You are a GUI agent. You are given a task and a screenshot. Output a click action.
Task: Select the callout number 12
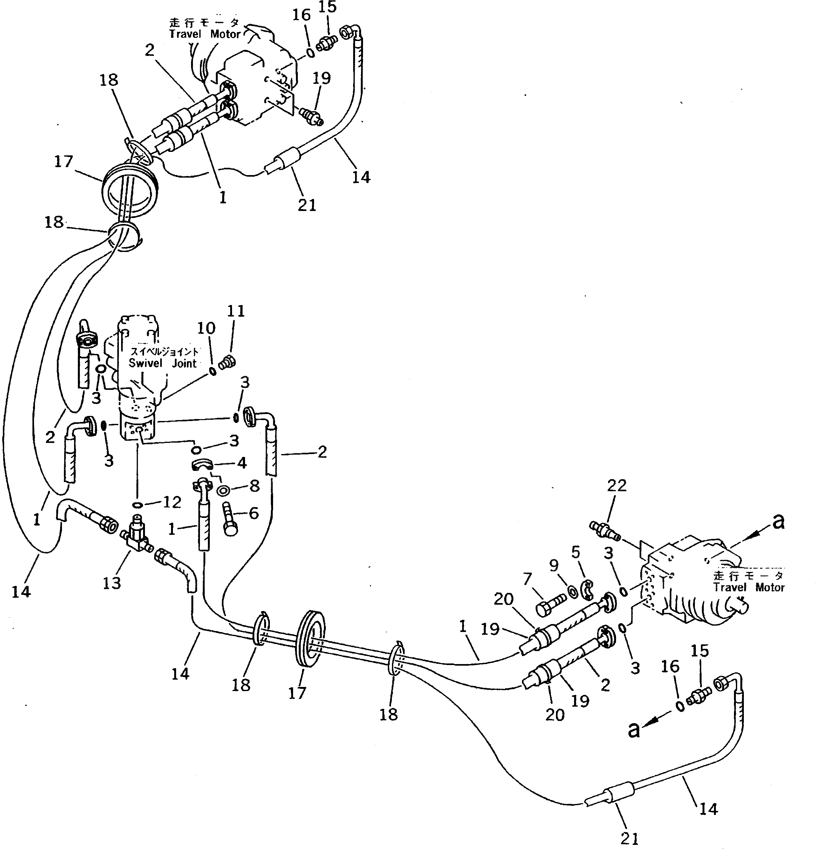click(x=172, y=502)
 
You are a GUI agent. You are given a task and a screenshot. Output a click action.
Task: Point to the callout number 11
click(x=236, y=311)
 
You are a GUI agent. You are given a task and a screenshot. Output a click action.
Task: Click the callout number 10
click(x=206, y=328)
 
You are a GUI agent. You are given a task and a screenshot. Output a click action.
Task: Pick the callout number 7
click(x=527, y=579)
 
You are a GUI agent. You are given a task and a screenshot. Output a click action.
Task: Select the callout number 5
click(x=575, y=553)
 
